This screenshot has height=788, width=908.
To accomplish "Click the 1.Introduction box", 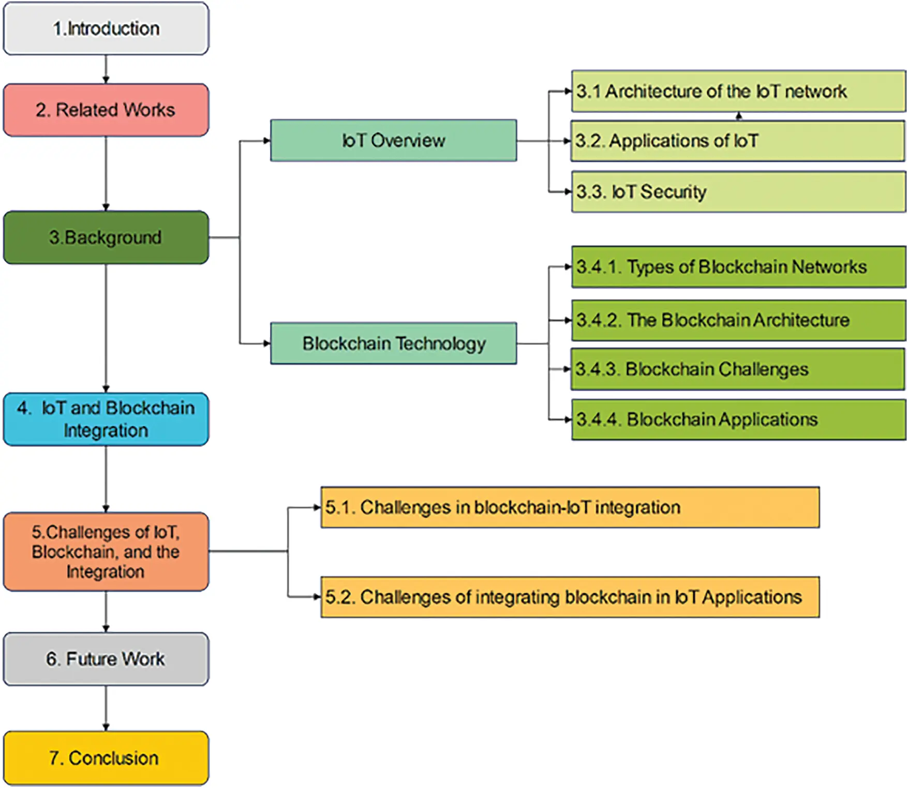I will click(106, 28).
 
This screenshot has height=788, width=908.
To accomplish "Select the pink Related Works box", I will click(106, 110).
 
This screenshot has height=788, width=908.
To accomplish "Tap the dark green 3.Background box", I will click(106, 237).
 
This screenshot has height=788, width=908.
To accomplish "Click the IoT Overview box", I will click(393, 140).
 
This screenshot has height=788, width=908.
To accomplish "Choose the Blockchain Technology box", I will click(393, 343).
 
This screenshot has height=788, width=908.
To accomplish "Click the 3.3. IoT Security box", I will click(738, 192).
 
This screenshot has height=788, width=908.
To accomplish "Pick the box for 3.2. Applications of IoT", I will click(738, 141).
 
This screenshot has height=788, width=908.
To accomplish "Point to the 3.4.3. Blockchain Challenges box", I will click(738, 369).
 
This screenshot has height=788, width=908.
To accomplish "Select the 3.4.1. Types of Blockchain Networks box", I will click(738, 267).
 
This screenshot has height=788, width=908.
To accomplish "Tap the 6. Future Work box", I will click(106, 659).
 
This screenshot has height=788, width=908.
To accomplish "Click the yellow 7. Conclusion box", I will click(106, 758).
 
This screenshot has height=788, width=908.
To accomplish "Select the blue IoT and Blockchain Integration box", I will click(106, 419).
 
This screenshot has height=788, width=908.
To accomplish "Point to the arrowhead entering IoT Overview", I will click(266, 141).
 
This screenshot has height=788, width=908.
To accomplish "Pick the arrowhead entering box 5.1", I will click(317, 508).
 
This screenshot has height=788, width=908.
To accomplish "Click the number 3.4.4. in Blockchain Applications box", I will click(598, 420).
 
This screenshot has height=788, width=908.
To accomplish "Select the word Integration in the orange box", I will click(106, 572).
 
